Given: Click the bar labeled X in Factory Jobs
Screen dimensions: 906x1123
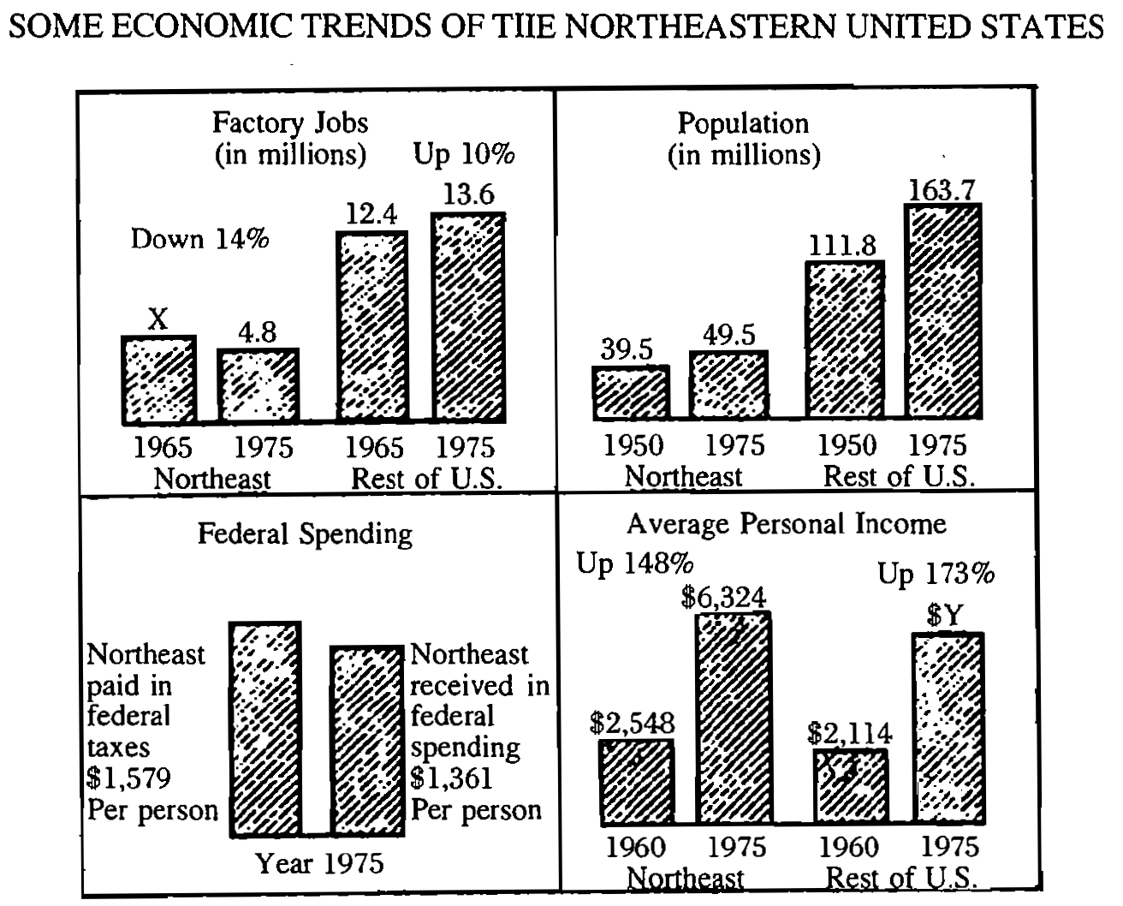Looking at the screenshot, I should pyautogui.click(x=159, y=378).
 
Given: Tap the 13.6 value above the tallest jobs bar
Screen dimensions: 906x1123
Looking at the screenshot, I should pyautogui.click(x=469, y=194).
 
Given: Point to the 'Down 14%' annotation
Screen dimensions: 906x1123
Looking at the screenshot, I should pyautogui.click(x=199, y=238).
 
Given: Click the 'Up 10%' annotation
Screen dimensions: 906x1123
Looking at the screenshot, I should pyautogui.click(x=465, y=154).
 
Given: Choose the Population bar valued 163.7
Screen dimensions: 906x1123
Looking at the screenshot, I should pyautogui.click(x=943, y=312).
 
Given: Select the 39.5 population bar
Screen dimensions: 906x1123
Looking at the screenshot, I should pyautogui.click(x=630, y=393).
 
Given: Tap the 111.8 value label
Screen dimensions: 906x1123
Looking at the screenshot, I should pyautogui.click(x=843, y=247).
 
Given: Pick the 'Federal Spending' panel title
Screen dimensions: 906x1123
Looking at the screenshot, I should pyautogui.click(x=305, y=534).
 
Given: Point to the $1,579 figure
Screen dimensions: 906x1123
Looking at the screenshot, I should pyautogui.click(x=129, y=778).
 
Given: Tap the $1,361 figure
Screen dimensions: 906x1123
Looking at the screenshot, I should pyautogui.click(x=452, y=778).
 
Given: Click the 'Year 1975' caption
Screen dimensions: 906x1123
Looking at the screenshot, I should pyautogui.click(x=320, y=863).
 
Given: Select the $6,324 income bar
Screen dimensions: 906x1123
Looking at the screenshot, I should pyautogui.click(x=734, y=717).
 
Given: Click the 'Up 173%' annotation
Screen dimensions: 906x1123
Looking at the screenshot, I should pyautogui.click(x=936, y=575).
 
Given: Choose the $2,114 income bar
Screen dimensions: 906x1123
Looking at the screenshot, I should pyautogui.click(x=849, y=785).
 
